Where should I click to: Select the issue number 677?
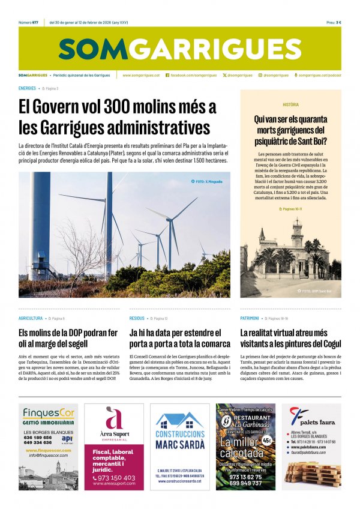click(x=37, y=22)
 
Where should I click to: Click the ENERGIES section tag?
click(x=28, y=88)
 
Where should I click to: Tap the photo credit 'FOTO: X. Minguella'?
click(x=207, y=181)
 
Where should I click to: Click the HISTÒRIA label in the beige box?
click(x=291, y=104)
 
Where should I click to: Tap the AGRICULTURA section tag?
click(x=31, y=318)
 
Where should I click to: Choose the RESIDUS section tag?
click(x=137, y=318)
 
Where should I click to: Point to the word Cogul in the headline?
click(x=329, y=344)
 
